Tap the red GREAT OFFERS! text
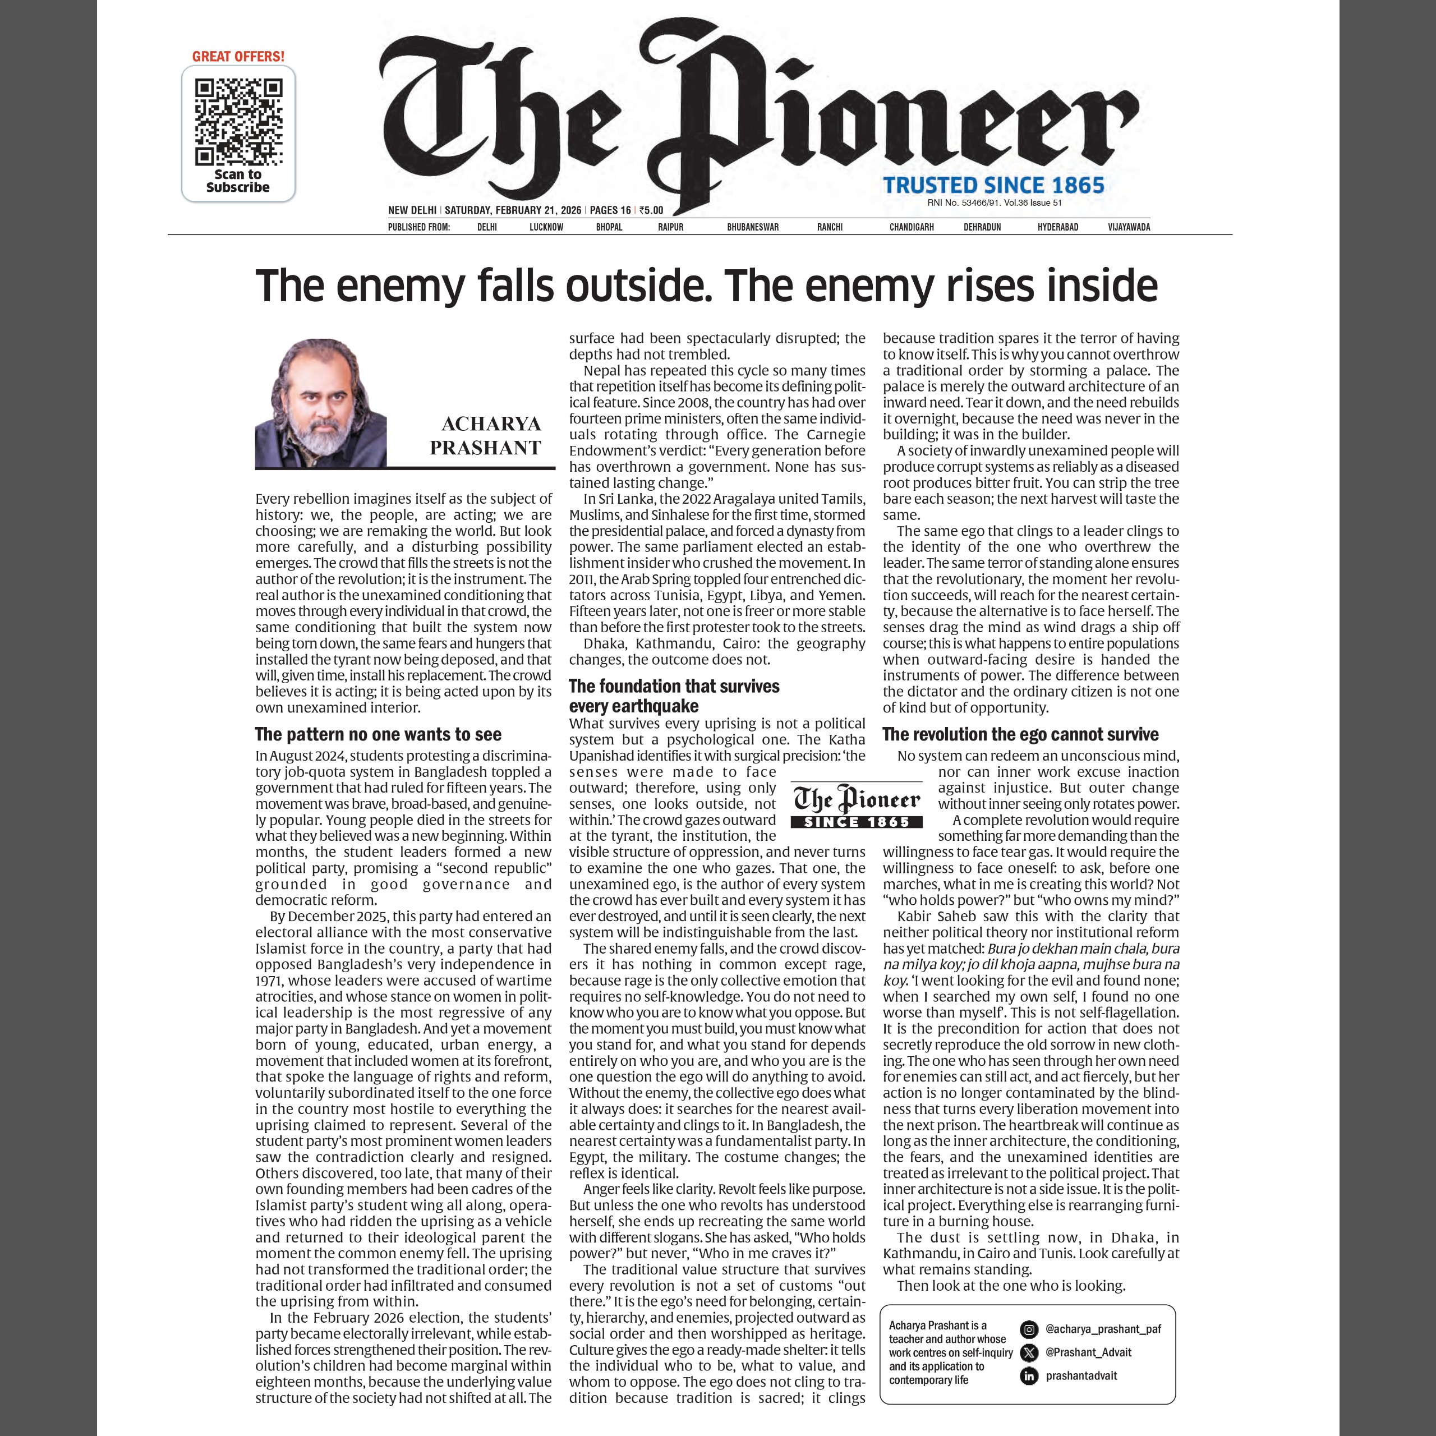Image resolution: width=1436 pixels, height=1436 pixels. pyautogui.click(x=238, y=57)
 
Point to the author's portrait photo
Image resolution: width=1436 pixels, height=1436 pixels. pyautogui.click(x=320, y=404)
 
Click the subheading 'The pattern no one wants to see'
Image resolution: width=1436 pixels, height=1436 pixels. pyautogui.click(x=378, y=734)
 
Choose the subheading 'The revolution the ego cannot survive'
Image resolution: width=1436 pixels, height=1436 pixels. pyautogui.click(x=1020, y=734)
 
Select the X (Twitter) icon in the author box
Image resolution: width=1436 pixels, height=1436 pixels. pyautogui.click(x=1029, y=1353)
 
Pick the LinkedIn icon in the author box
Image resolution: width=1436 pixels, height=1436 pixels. pyautogui.click(x=1029, y=1376)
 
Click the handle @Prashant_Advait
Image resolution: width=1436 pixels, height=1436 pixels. pyautogui.click(x=1088, y=1353)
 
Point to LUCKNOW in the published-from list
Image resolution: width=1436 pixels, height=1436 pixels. pyautogui.click(x=546, y=227)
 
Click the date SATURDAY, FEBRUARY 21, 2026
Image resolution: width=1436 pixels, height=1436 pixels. pyautogui.click(x=513, y=210)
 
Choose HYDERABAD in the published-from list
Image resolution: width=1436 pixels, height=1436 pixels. pyautogui.click(x=1058, y=227)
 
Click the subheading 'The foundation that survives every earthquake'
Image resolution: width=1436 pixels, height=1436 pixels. pyautogui.click(x=674, y=696)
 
